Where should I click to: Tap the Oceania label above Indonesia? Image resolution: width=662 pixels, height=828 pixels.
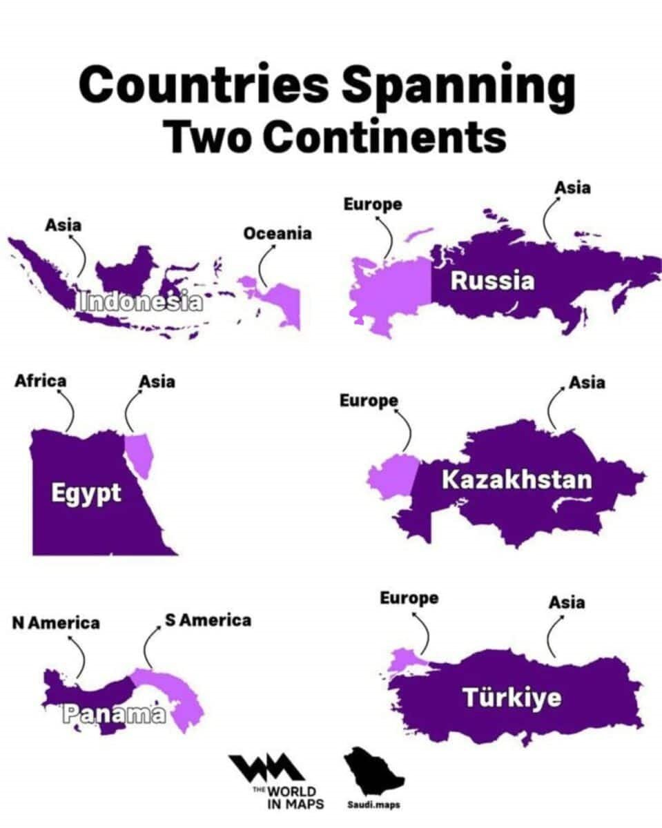[x=277, y=233]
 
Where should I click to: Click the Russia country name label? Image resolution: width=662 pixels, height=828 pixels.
[x=492, y=281]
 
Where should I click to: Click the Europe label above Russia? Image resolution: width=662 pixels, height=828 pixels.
[x=372, y=204]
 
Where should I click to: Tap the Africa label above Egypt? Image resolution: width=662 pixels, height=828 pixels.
[x=41, y=380]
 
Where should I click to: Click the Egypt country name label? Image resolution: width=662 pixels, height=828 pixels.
[x=86, y=493]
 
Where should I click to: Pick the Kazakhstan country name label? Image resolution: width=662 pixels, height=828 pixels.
[x=516, y=479]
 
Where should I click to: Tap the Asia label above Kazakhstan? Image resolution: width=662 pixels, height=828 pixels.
[x=586, y=382]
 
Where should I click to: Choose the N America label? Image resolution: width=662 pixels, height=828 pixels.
[x=56, y=622]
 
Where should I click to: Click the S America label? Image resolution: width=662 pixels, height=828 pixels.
[x=208, y=620]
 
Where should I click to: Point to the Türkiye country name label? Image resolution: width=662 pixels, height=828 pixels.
[x=512, y=698]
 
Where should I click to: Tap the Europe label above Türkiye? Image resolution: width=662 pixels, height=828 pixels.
[x=409, y=598]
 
